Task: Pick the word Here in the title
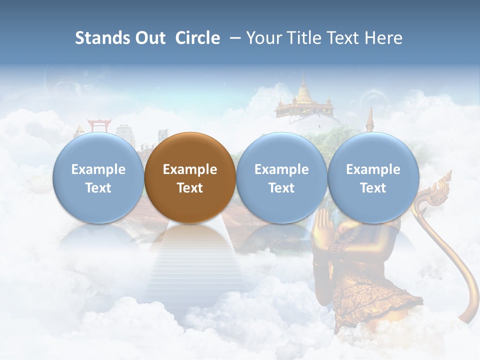pos(383,38)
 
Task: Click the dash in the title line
pos(233,38)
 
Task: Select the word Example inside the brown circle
pos(190,169)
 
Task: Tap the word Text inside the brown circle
pos(190,188)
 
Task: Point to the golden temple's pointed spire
pos(303,80)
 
